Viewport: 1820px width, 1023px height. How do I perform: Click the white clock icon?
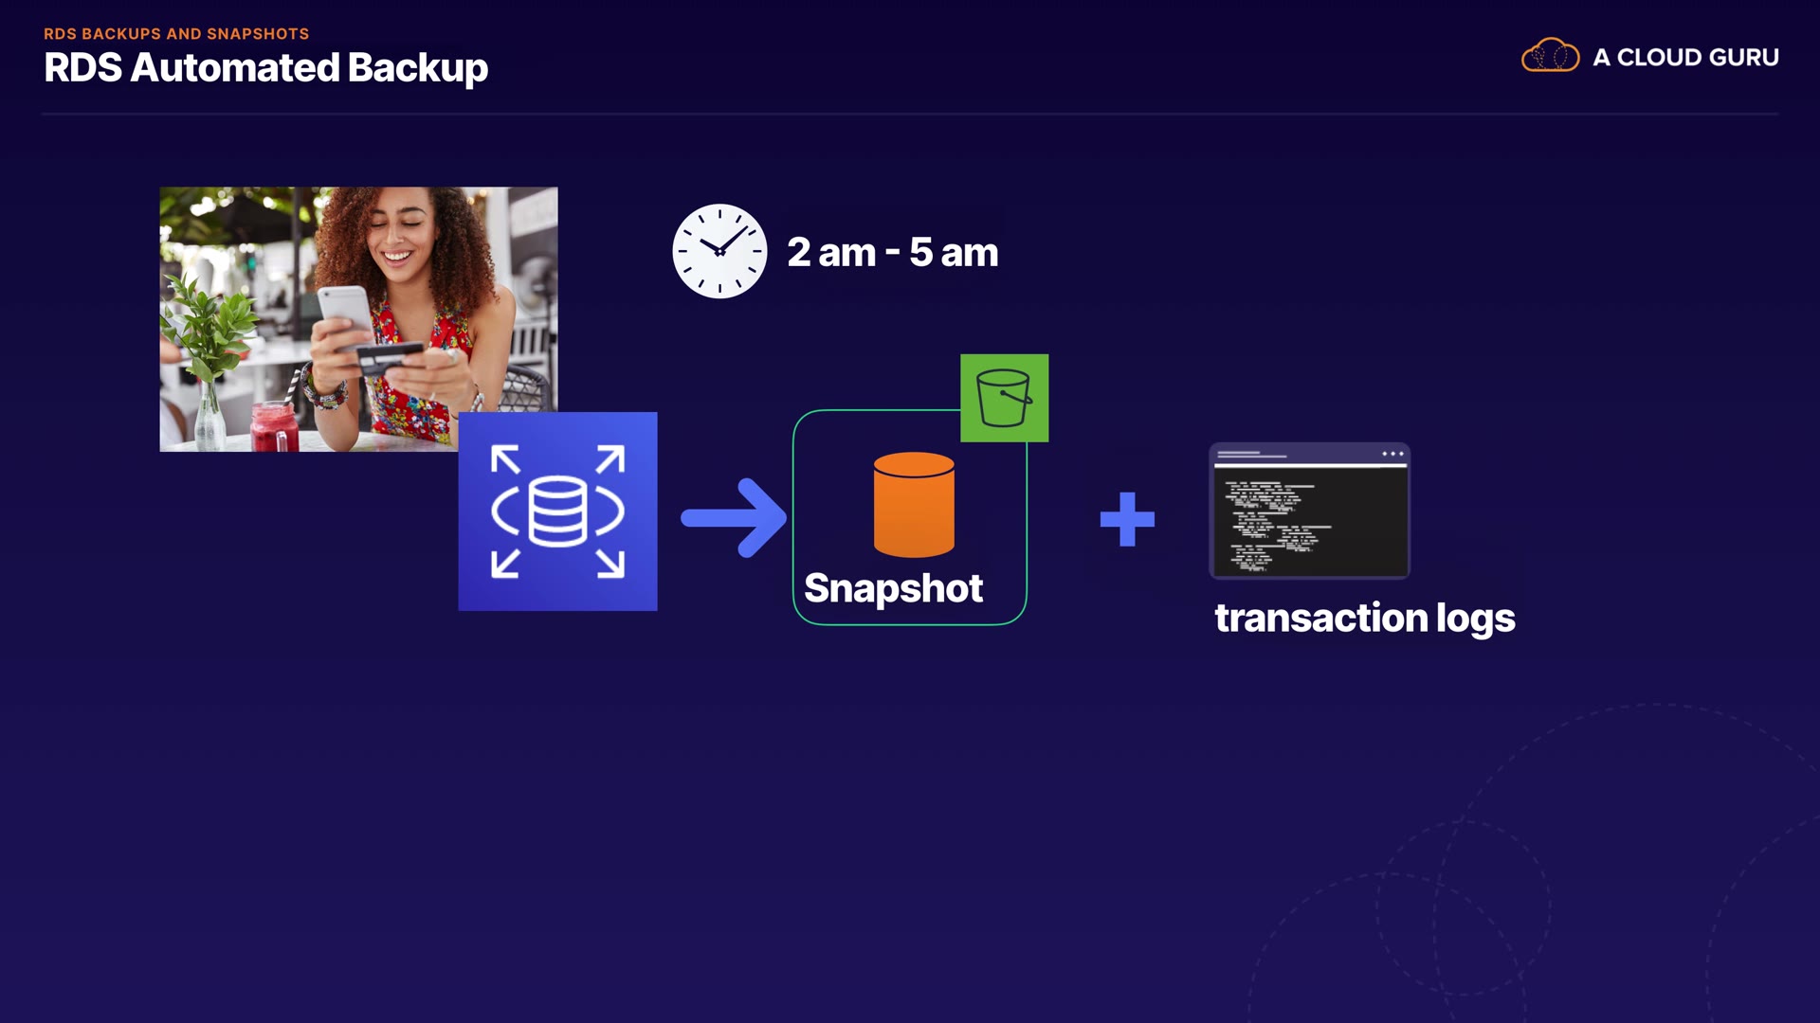pos(719,251)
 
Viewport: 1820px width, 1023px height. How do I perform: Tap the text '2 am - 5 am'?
pos(892,253)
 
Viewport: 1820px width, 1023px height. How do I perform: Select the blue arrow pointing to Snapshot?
pos(734,517)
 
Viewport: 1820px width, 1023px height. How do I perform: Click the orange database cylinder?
pos(914,504)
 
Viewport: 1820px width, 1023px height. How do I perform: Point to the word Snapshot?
pos(893,588)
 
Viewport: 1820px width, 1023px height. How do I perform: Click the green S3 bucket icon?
pos(1004,398)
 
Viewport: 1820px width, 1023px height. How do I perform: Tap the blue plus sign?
pos(1127,519)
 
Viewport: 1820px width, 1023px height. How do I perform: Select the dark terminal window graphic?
pos(1309,511)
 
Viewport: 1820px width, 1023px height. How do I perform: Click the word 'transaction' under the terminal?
pos(1320,618)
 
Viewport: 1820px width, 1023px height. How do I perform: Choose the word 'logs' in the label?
pos(1475,619)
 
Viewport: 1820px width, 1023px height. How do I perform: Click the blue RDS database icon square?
pos(557,511)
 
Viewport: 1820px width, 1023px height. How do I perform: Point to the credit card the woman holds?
pos(389,356)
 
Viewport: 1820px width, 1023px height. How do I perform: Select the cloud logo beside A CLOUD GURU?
pos(1550,56)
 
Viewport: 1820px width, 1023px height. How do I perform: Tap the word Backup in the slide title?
pos(417,68)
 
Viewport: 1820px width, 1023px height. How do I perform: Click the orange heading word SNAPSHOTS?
pos(258,34)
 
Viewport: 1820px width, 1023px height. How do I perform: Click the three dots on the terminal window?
pos(1392,454)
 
